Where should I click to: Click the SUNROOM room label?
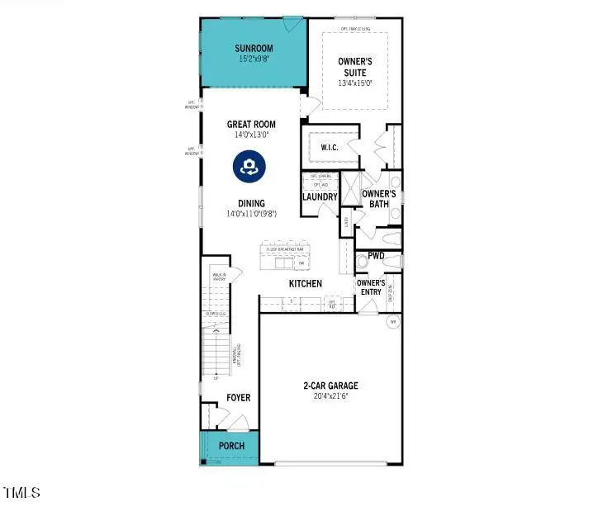[x=253, y=49]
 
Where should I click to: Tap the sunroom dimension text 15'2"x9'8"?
[x=253, y=59]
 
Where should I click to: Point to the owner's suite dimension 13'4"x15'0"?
[x=356, y=83]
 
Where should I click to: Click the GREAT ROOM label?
[x=251, y=125]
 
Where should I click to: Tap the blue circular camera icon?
[x=247, y=166]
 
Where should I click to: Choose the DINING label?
[x=251, y=203]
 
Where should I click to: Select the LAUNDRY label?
[x=320, y=197]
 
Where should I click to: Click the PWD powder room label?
[x=377, y=256]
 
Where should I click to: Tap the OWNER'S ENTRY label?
[x=371, y=287]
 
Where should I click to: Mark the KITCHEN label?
[x=305, y=284]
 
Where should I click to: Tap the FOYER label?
[x=238, y=398]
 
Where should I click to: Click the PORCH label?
[x=231, y=447]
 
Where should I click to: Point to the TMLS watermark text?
[x=22, y=493]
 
